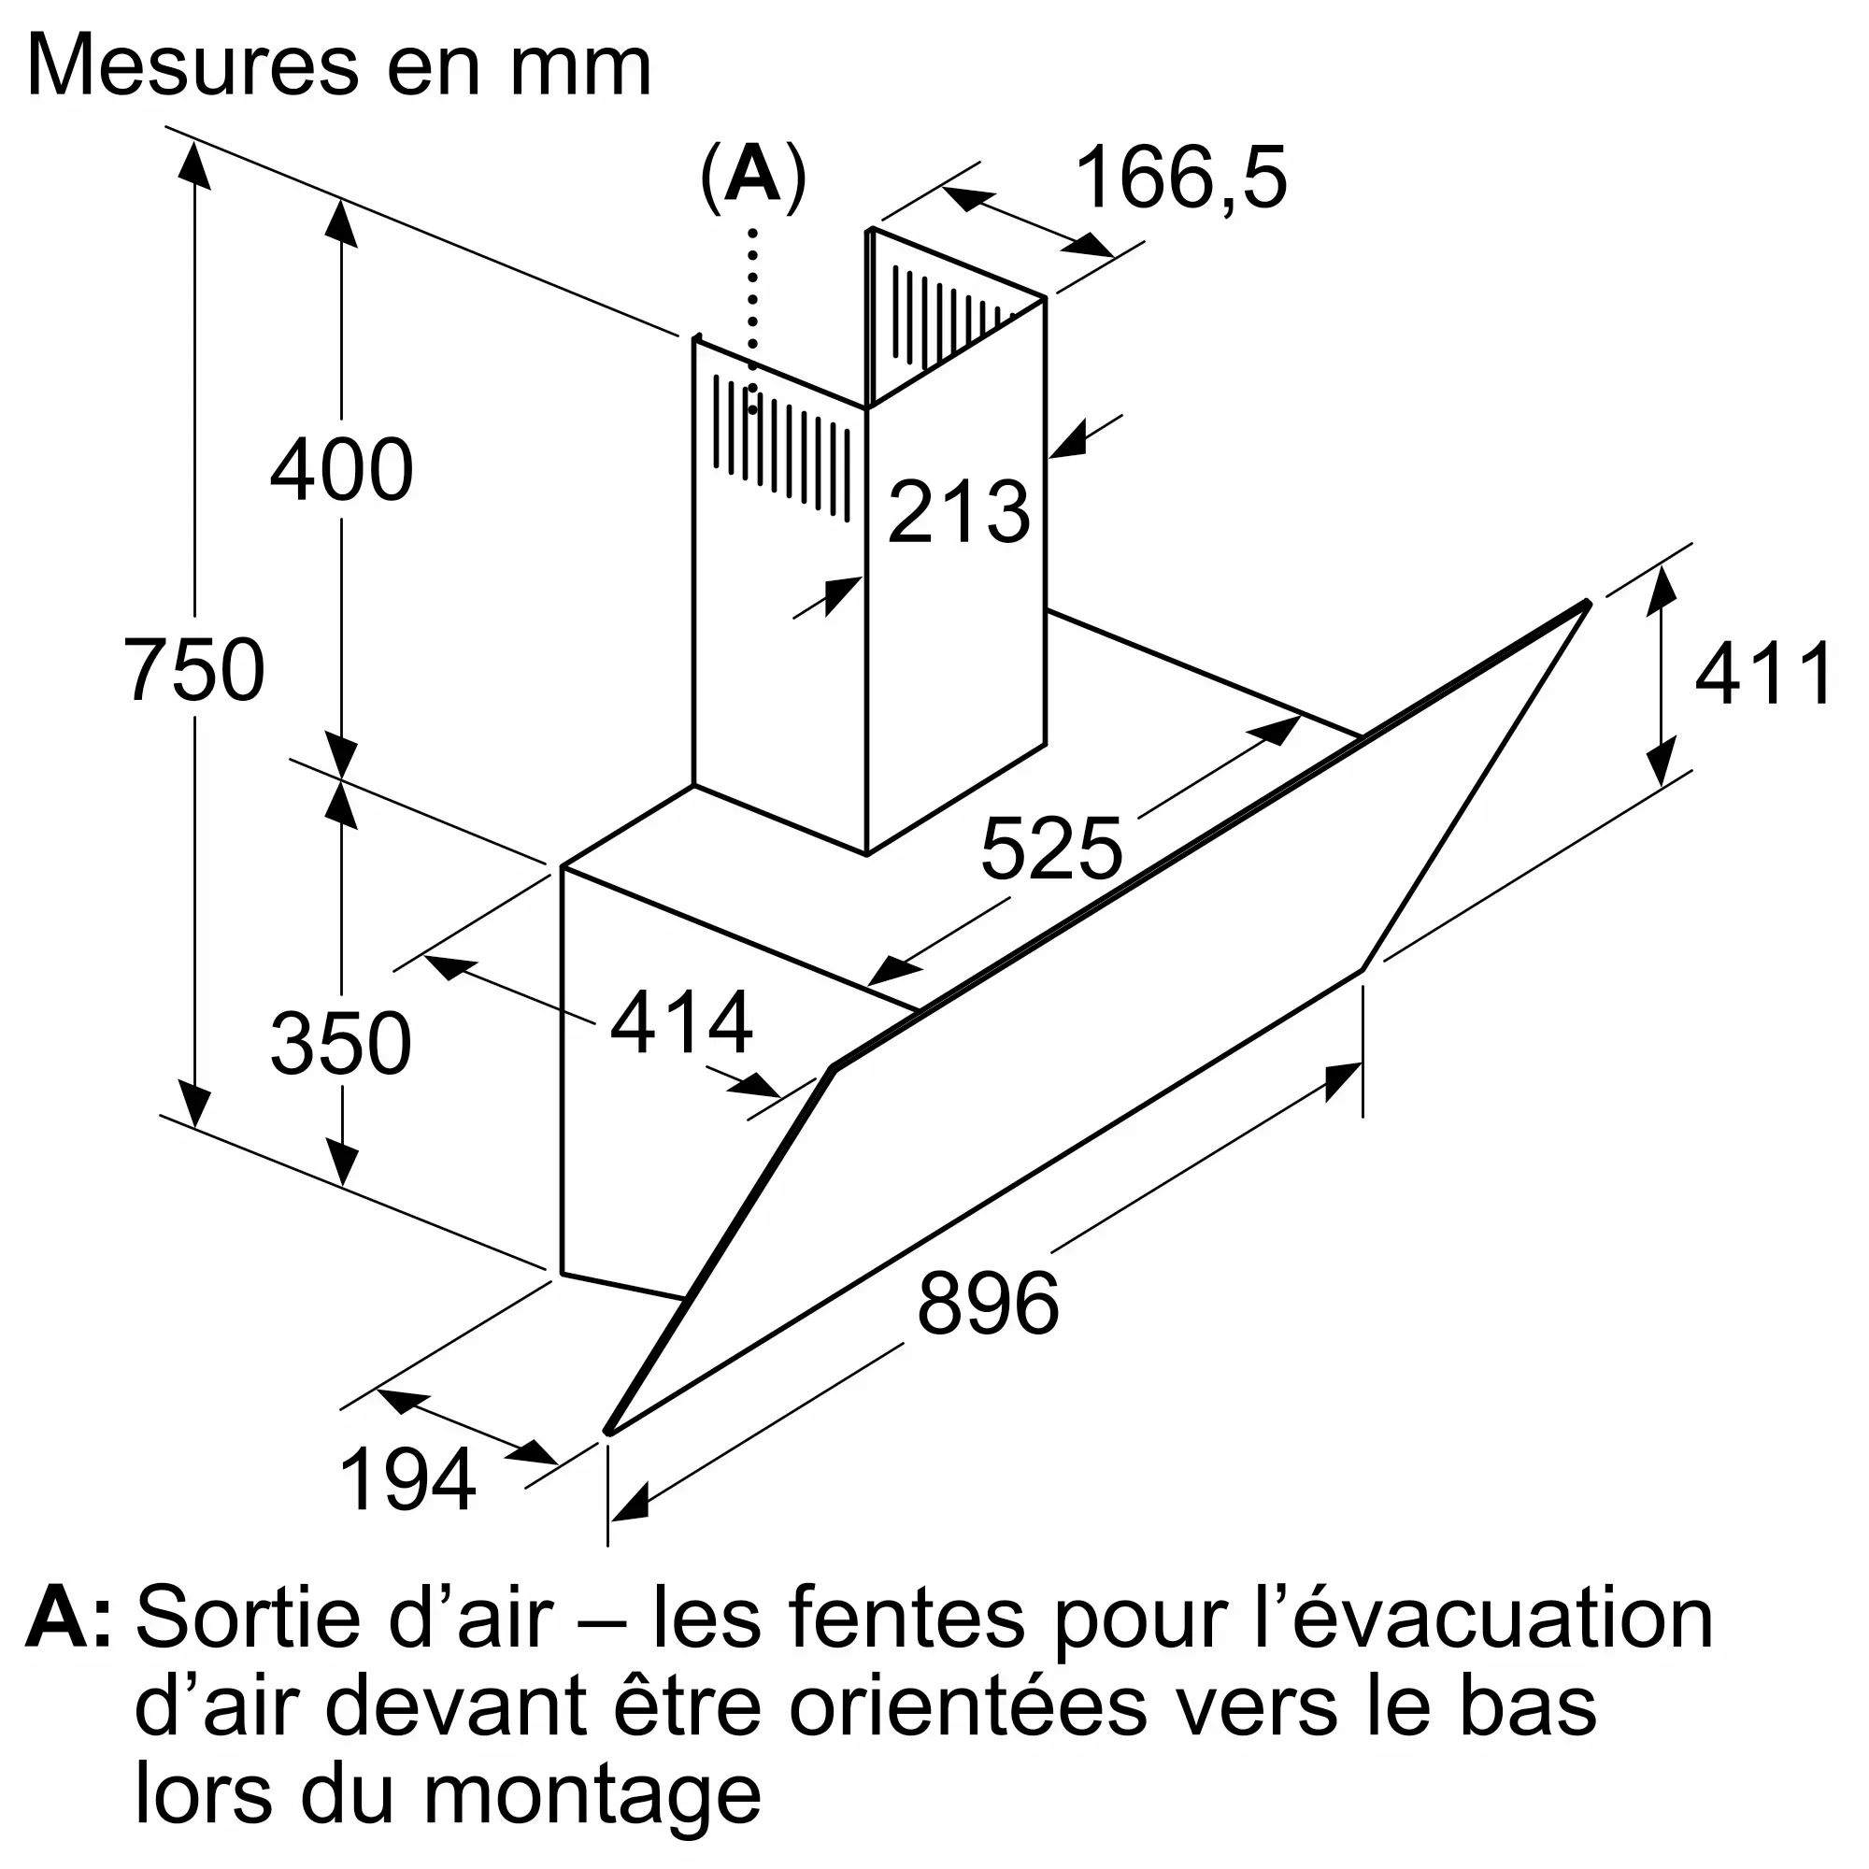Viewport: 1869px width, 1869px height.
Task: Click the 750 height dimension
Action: pos(194,669)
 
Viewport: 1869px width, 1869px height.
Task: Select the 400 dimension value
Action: pos(341,470)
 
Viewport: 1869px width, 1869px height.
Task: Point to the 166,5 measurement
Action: pos(1180,178)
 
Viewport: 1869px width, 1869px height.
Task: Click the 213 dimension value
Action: pos(958,512)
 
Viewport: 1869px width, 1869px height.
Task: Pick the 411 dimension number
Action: pos(1762,675)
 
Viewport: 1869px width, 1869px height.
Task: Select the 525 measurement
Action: pos(1050,849)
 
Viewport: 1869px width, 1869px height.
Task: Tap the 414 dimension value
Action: pos(681,1022)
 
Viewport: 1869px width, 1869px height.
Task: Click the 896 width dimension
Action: pos(988,1304)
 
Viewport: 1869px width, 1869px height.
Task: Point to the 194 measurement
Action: pos(407,1479)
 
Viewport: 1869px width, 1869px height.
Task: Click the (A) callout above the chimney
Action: pos(752,177)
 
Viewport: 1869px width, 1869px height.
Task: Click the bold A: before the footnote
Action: pos(67,1619)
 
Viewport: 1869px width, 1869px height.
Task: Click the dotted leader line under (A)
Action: pos(752,320)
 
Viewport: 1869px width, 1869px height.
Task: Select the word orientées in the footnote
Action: pos(967,1707)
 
